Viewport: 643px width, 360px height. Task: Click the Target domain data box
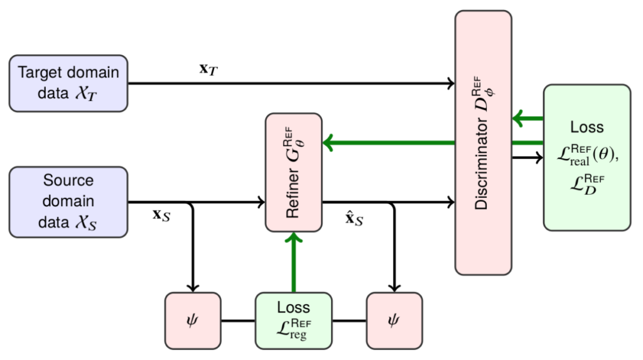tap(68, 83)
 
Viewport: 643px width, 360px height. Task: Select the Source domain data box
tap(68, 202)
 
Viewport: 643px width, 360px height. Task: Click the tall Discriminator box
tap(484, 143)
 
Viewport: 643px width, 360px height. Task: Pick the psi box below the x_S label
tap(193, 320)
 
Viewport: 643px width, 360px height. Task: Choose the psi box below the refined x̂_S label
tap(394, 320)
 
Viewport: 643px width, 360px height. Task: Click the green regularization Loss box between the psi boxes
tap(293, 320)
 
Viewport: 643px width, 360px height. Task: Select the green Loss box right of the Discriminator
tap(586, 157)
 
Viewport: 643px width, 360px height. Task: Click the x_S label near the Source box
tap(162, 215)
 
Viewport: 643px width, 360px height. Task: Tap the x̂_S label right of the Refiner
tap(355, 219)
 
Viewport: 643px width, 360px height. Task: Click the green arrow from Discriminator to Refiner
tap(389, 143)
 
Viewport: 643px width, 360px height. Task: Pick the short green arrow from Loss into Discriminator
tap(527, 118)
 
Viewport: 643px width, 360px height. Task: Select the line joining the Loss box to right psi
tap(349, 320)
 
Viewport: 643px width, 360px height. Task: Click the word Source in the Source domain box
tap(68, 181)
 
